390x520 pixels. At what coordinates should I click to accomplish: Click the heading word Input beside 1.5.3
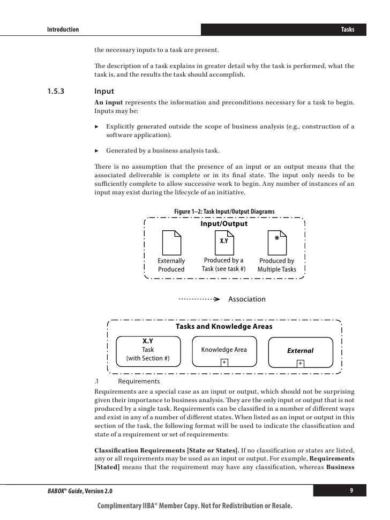104,91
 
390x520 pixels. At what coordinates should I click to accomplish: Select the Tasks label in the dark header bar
348,29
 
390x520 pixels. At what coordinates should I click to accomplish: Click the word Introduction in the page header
63,29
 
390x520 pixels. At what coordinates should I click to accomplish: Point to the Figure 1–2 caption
224,212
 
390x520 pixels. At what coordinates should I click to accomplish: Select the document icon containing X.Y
224,243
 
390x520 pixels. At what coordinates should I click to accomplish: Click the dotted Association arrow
199,299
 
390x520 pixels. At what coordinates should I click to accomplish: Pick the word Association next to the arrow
247,299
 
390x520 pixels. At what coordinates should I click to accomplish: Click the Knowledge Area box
224,351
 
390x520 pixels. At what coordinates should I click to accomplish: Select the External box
300,351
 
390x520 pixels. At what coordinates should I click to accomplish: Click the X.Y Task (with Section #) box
148,350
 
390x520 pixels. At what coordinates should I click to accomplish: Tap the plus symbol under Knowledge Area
224,363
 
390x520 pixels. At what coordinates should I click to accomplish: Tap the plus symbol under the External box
300,363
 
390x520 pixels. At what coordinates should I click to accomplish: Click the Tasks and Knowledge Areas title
224,326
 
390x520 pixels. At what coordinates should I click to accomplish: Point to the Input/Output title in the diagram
224,224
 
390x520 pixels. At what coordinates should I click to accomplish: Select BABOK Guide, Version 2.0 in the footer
77,491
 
